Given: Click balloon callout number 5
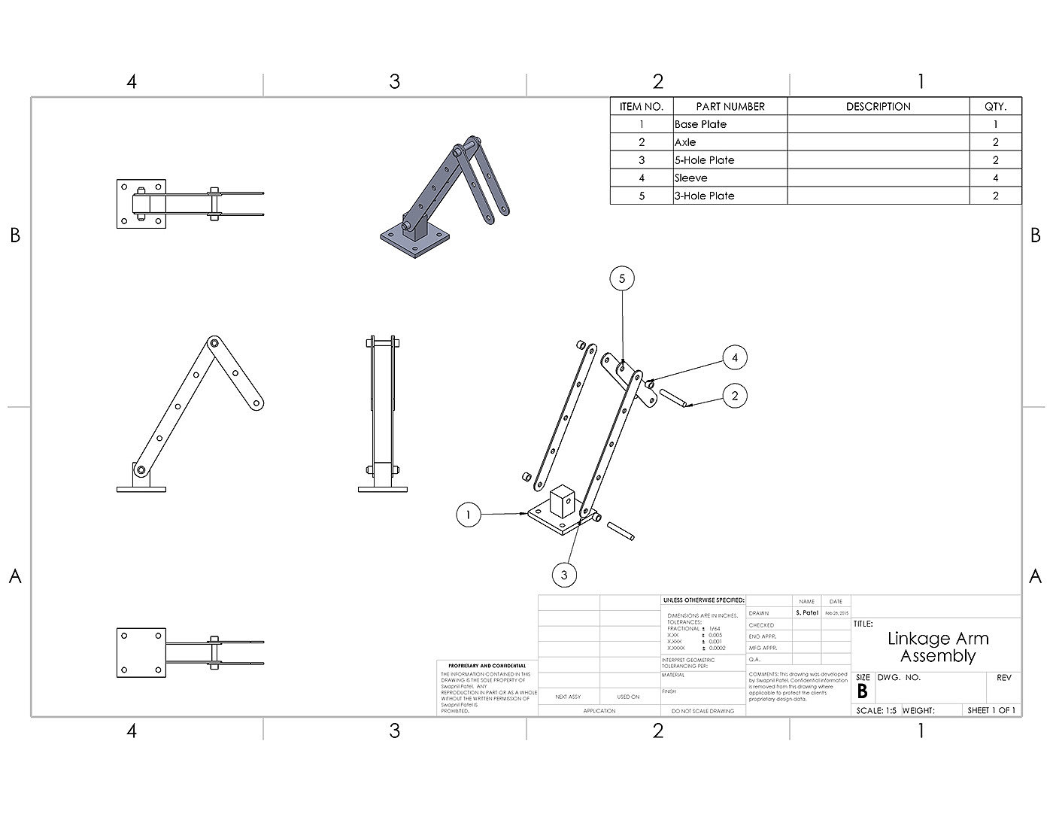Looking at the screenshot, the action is pos(622,278).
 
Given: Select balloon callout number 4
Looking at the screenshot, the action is pos(735,357).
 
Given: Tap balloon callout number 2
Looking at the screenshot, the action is pos(735,395).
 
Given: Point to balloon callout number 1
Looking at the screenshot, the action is pos(468,515).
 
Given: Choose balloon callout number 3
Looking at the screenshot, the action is pos(564,576).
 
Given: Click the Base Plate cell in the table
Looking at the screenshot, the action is pos(700,124).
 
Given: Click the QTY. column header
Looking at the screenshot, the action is pos(995,107).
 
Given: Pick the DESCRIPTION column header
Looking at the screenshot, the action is pos(878,107).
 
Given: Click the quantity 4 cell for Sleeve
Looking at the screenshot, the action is pos(995,178).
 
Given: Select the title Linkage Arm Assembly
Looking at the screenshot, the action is pos(937,647).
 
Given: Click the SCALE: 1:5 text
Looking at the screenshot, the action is pos(876,710).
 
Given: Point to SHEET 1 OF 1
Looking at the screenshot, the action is pos(991,710).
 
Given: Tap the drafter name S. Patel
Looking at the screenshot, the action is pos(806,613).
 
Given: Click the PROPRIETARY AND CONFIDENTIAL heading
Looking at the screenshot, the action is pos(486,666).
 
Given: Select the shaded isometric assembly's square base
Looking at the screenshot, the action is pos(415,240).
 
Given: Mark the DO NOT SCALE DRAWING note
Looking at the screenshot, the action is pos(703,711).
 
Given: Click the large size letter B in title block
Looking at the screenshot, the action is pos(862,692).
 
